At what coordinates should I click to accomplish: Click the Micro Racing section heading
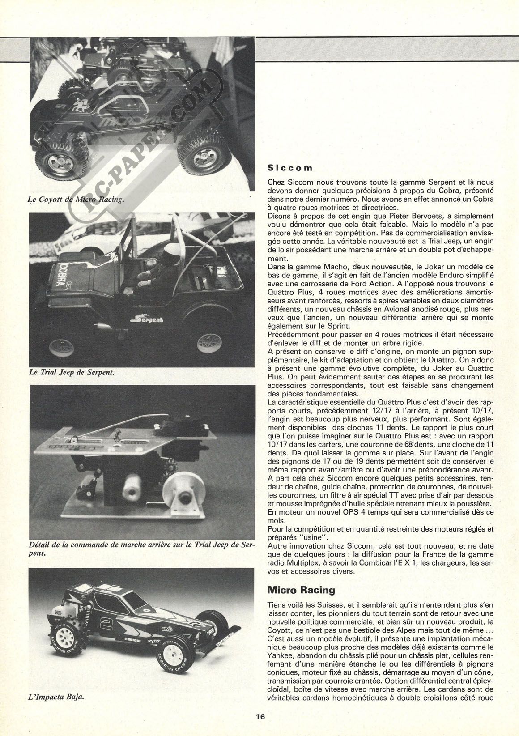click(x=301, y=590)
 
